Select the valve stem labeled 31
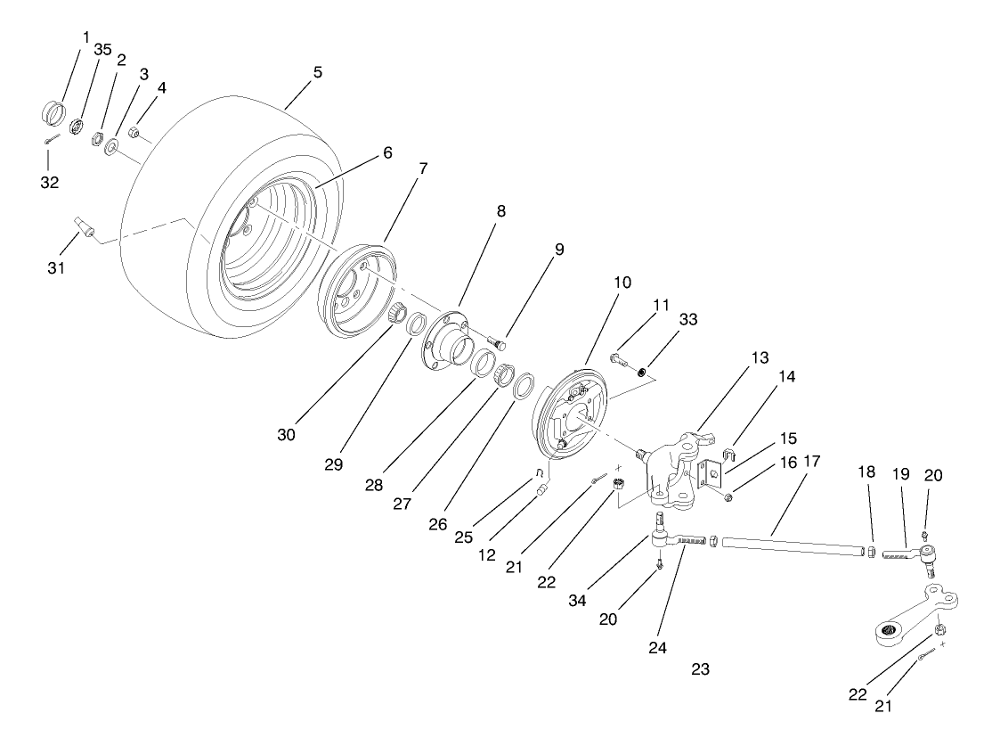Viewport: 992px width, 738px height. [85, 225]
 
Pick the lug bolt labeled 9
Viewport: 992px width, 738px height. [500, 340]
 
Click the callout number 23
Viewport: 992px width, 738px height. [700, 668]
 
